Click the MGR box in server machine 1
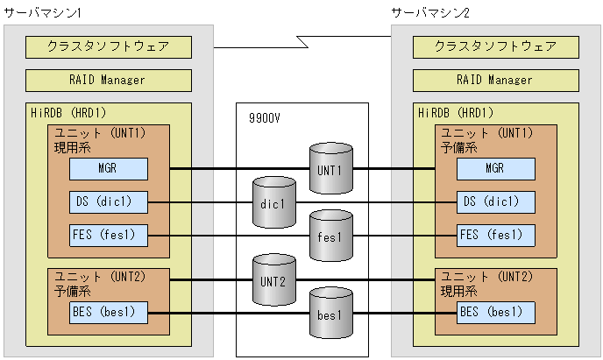click(x=109, y=168)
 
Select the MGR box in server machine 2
click(x=495, y=168)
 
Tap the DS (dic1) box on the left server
click(x=109, y=201)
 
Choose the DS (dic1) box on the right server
click(x=495, y=201)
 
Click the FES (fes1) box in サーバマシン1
click(x=109, y=235)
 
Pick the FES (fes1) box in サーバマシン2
click(x=495, y=235)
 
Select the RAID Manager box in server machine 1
click(x=109, y=80)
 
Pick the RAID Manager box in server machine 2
click(x=495, y=80)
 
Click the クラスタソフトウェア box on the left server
click(x=109, y=46)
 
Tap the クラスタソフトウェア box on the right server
click(x=495, y=46)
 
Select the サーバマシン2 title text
click(x=431, y=12)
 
